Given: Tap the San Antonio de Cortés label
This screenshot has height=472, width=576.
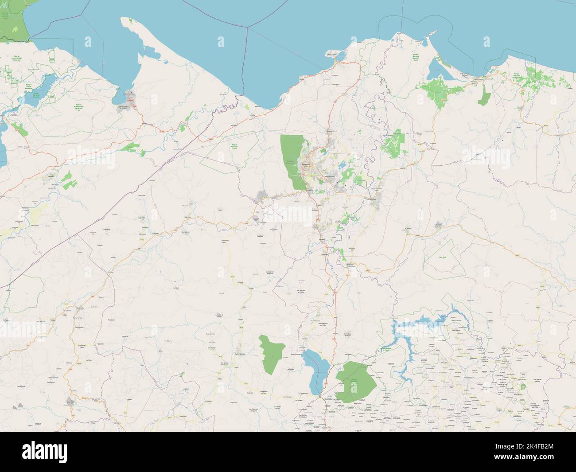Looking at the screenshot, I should coord(296,292).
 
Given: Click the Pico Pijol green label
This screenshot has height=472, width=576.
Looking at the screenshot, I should coord(441,257).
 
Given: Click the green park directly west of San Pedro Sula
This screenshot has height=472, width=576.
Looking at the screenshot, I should coord(292,162).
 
